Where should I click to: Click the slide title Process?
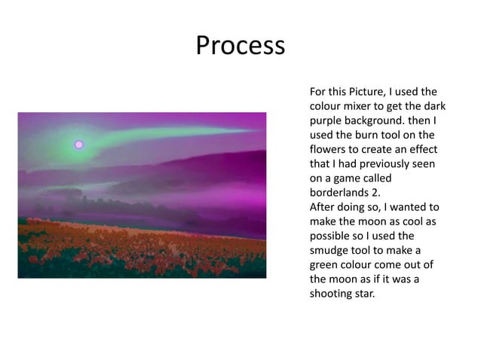pyautogui.click(x=240, y=47)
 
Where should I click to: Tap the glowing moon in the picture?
pyautogui.click(x=78, y=144)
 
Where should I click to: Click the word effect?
pyautogui.click(x=423, y=149)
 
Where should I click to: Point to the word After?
pyautogui.click(x=324, y=207)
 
